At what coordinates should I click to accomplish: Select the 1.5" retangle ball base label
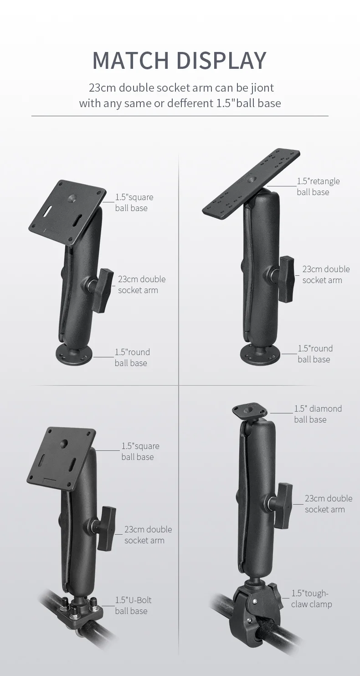(x=318, y=186)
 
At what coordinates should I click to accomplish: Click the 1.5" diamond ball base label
(x=318, y=414)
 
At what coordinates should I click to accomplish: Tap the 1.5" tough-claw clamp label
(x=312, y=599)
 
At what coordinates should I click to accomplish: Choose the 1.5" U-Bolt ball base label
(x=133, y=605)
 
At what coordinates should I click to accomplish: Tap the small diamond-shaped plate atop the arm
(x=249, y=412)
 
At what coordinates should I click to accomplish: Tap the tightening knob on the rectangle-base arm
(x=286, y=279)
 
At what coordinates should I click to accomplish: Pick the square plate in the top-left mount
(x=67, y=212)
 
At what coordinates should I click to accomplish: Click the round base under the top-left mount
(x=74, y=355)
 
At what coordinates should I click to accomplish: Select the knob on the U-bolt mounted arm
(x=106, y=528)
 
